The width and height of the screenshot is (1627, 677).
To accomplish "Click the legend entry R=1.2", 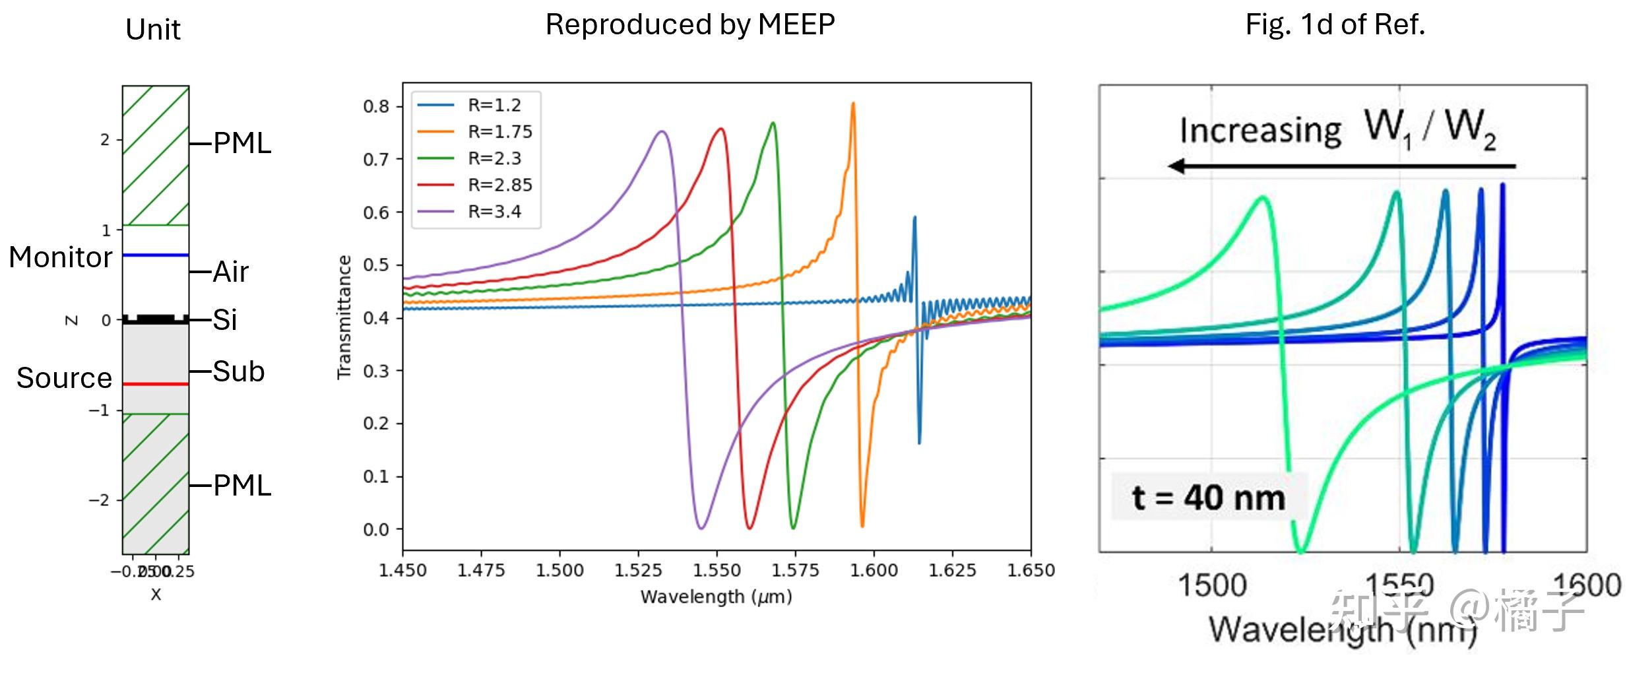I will pyautogui.click(x=494, y=106).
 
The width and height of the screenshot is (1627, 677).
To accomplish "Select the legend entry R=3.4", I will pyautogui.click(x=494, y=212).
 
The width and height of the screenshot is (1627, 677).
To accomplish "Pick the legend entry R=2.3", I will pyautogui.click(x=494, y=159).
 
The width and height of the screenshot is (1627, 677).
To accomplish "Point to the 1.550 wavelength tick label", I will pyautogui.click(x=717, y=570).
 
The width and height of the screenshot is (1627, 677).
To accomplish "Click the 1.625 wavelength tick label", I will pyautogui.click(x=953, y=570).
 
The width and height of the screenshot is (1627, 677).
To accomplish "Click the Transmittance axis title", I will pyautogui.click(x=344, y=317).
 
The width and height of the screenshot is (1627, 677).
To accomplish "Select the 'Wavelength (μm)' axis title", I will pyautogui.click(x=716, y=597).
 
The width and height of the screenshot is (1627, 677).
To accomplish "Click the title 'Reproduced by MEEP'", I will pyautogui.click(x=690, y=25).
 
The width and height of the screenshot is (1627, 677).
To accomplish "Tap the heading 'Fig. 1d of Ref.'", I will pyautogui.click(x=1335, y=25).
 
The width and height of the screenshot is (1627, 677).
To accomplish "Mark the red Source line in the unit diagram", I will pyautogui.click(x=156, y=384).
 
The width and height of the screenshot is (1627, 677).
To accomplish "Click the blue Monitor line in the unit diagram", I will pyautogui.click(x=156, y=255).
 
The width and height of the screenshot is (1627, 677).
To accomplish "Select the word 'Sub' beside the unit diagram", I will pyautogui.click(x=238, y=371).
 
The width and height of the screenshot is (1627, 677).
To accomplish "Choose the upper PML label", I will pyautogui.click(x=242, y=144).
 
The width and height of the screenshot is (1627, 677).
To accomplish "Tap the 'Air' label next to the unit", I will pyautogui.click(x=230, y=272).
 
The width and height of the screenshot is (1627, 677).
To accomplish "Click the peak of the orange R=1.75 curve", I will pyautogui.click(x=853, y=104).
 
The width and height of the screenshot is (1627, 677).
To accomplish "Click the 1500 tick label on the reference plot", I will pyautogui.click(x=1212, y=585).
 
